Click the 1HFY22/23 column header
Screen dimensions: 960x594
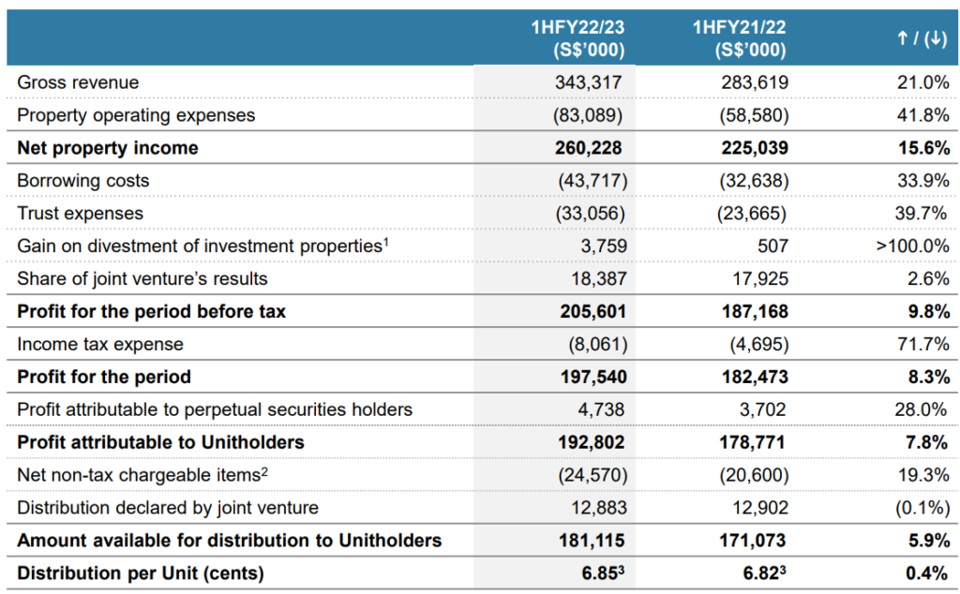[577, 37]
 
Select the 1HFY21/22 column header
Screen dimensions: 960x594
[740, 37]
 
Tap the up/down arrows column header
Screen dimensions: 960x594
[922, 38]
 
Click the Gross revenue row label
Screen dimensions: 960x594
[78, 82]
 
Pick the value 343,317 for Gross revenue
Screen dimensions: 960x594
[589, 82]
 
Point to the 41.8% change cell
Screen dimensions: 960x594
[923, 115]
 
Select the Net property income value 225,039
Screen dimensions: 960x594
[755, 148]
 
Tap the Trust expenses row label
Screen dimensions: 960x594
[81, 214]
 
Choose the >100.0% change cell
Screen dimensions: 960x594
[912, 245]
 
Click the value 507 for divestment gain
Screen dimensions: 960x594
[772, 245]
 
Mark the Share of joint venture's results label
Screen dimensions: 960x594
[142, 279]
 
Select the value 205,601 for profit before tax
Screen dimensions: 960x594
[593, 311]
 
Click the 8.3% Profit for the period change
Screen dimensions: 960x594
[929, 377]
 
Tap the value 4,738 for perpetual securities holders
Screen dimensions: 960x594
[601, 409]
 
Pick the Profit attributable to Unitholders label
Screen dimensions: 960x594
[160, 442]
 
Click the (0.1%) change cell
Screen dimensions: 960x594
[922, 508]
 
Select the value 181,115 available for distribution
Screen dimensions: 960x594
[592, 541]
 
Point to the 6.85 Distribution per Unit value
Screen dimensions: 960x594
[603, 573]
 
